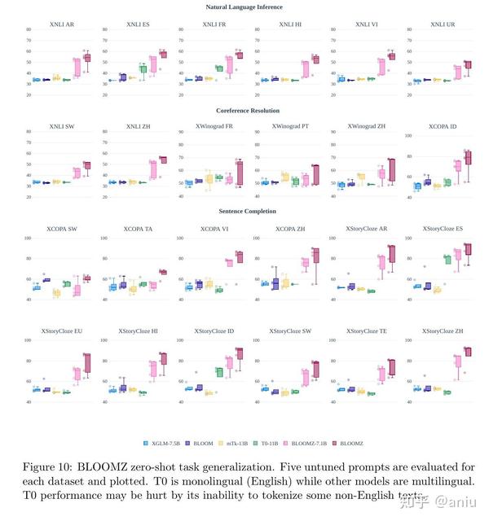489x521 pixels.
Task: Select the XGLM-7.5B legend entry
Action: click(x=163, y=443)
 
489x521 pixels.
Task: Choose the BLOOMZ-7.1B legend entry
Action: click(x=331, y=443)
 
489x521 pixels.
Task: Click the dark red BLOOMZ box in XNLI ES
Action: click(x=162, y=54)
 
